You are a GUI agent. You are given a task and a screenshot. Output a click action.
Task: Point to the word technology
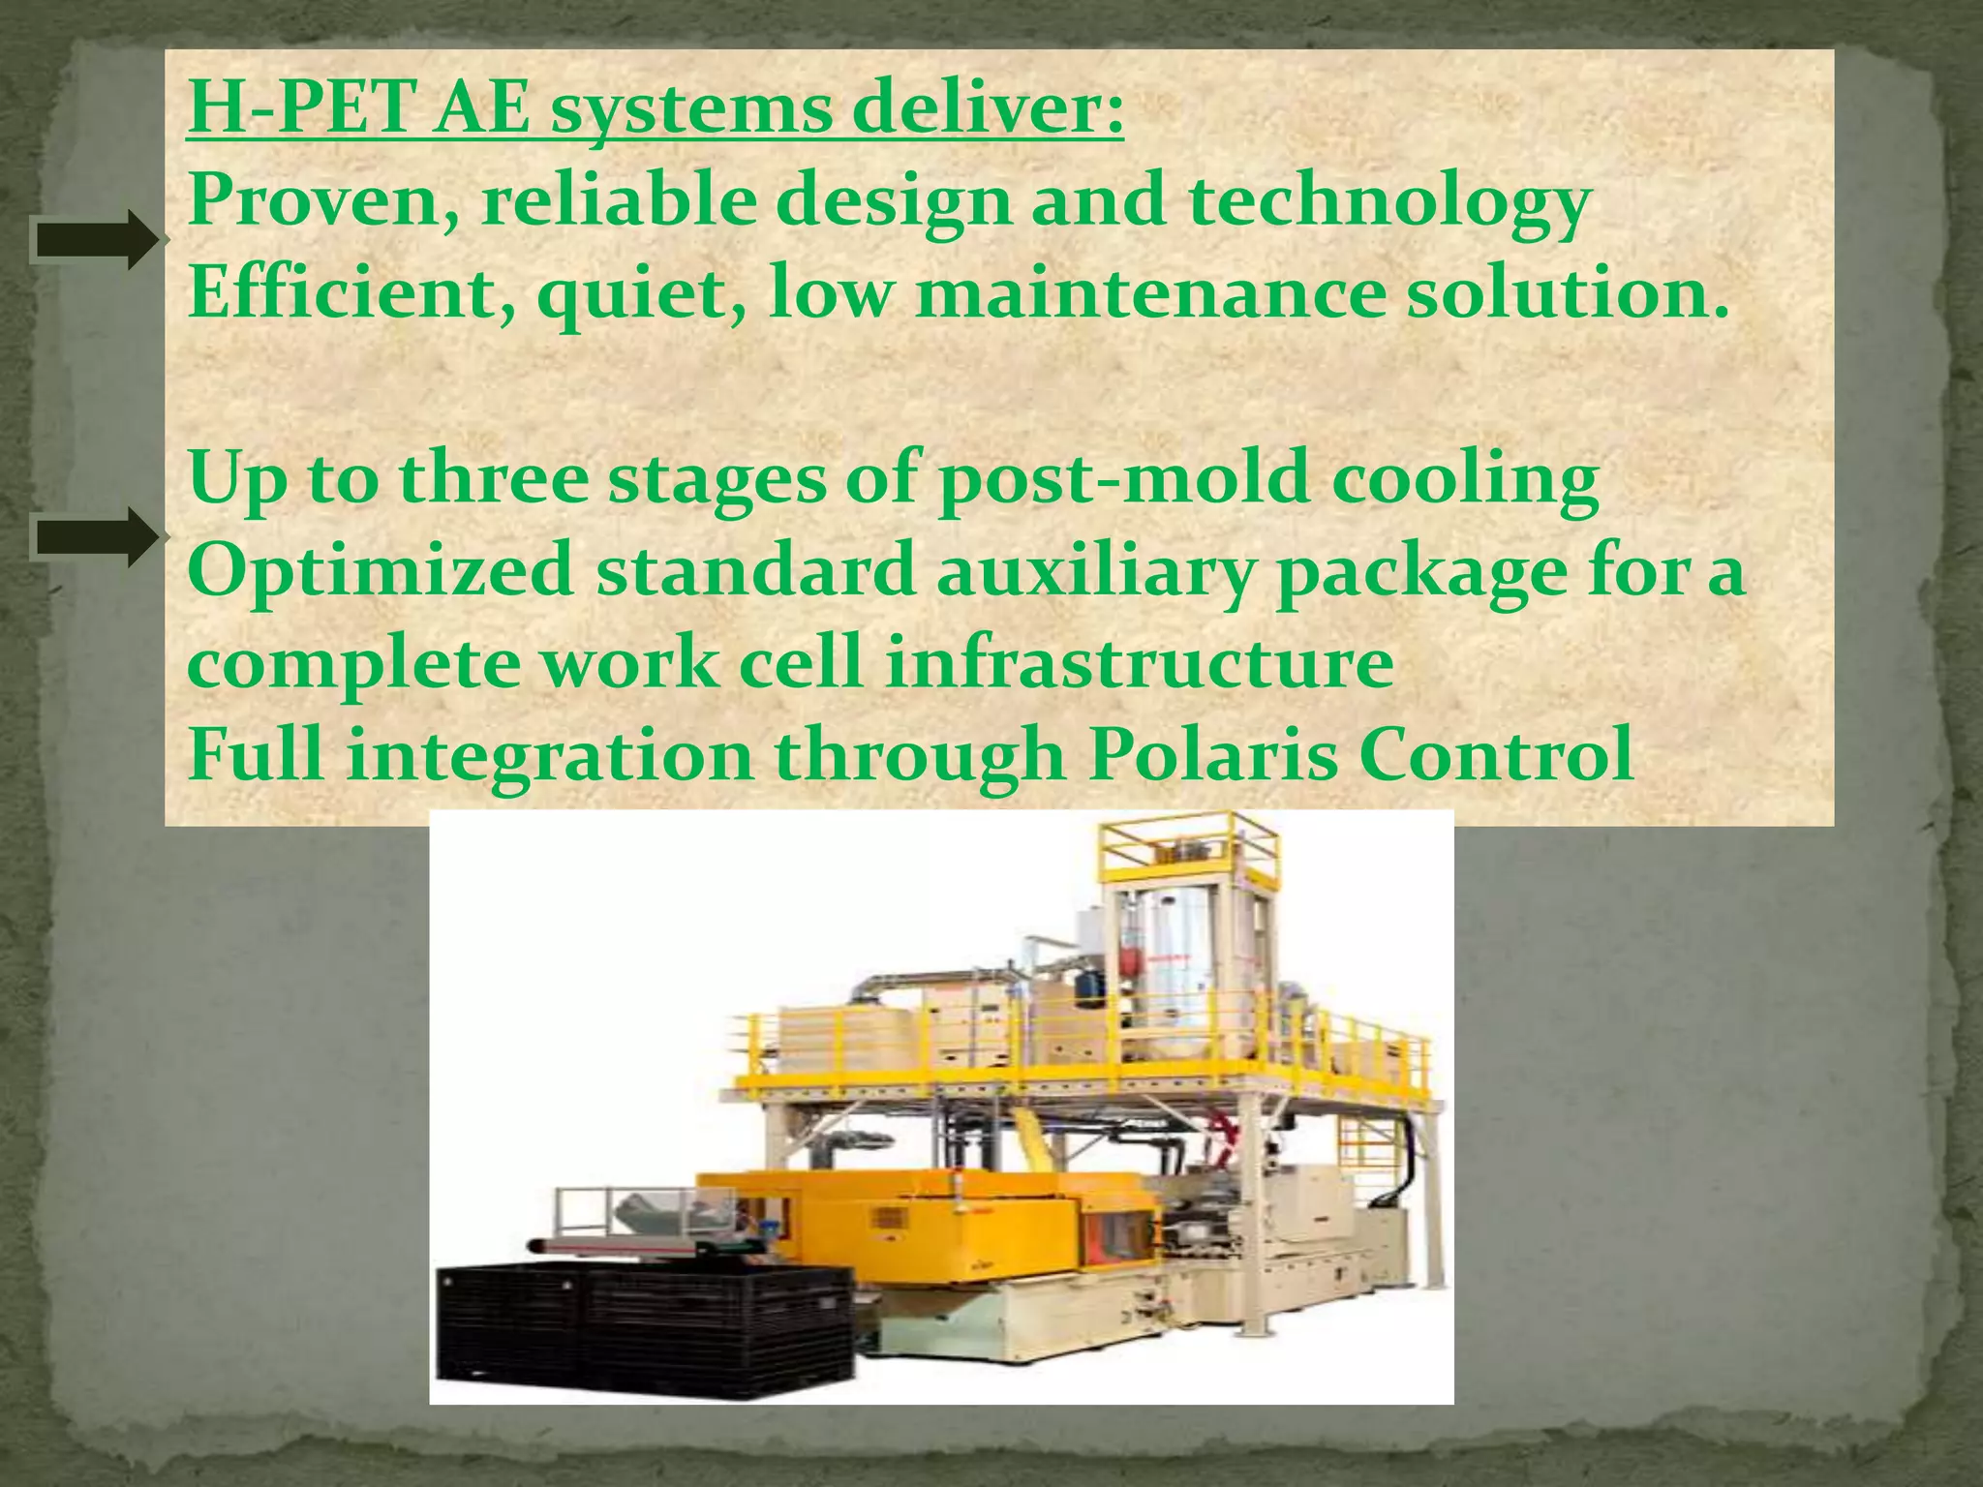pyautogui.click(x=1389, y=203)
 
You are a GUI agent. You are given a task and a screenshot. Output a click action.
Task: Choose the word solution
pyautogui.click(x=1567, y=292)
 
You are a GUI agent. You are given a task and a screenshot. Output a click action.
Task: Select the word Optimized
pyautogui.click(x=381, y=571)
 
